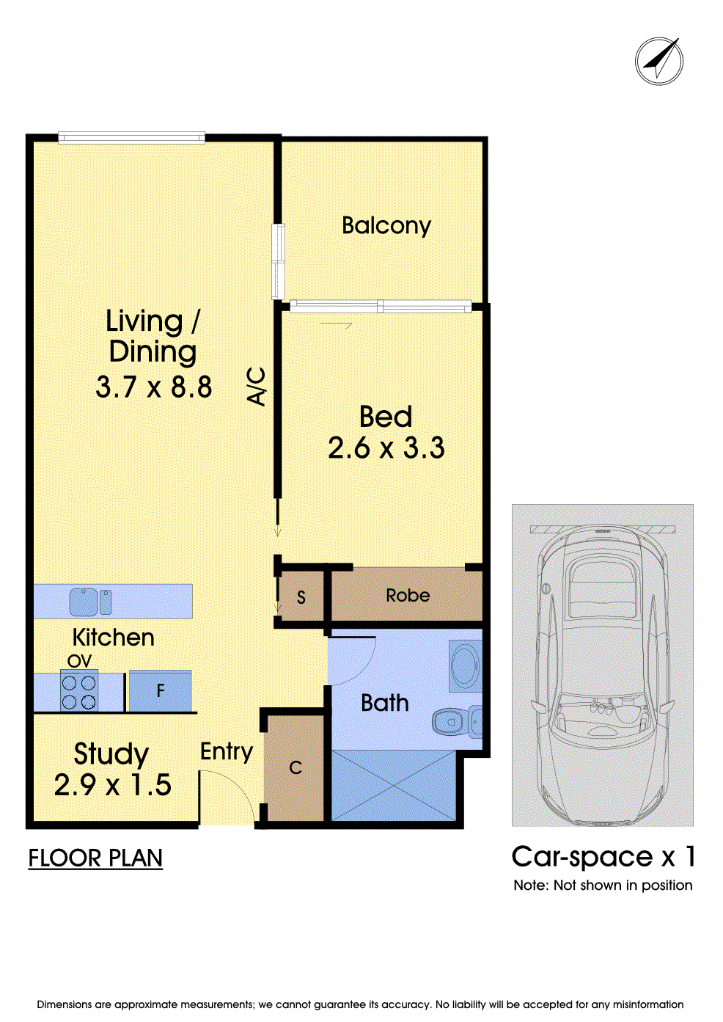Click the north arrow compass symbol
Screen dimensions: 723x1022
658,61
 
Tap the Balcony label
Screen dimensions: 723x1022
386,226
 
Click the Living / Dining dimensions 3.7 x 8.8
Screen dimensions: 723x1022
154,387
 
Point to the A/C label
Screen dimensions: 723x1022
256,387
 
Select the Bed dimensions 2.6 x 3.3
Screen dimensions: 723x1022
386,448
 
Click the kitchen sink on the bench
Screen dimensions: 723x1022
90,602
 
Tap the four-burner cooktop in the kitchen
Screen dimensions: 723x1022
79,690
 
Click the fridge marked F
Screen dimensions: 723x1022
160,691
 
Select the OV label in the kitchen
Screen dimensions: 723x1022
79,660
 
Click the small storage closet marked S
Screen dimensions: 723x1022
301,596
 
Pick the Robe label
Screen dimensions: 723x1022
408,595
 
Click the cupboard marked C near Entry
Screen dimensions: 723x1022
295,768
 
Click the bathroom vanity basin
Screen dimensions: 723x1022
465,666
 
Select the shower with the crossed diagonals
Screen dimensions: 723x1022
393,785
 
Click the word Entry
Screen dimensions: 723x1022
226,752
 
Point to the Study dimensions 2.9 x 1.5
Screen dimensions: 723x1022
113,785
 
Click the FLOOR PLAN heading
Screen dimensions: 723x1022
95,858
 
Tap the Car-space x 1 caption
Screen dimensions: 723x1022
603,856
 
